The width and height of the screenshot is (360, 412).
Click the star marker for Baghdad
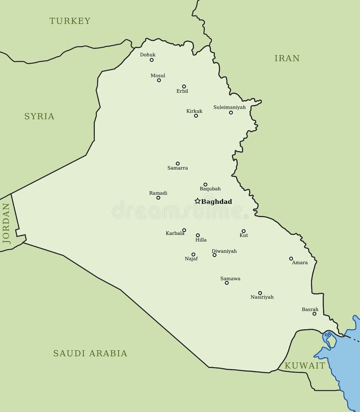click(x=197, y=201)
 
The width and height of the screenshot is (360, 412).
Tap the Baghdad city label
click(x=217, y=201)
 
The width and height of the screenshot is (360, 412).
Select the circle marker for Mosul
click(x=159, y=80)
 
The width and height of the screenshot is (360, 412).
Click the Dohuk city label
click(x=147, y=55)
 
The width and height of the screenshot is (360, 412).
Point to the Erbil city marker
click(x=184, y=86)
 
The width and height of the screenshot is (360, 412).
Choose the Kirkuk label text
click(x=194, y=111)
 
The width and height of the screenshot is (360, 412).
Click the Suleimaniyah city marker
click(x=231, y=113)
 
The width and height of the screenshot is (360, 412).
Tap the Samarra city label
click(x=177, y=168)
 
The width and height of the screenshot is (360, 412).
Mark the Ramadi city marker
click(x=158, y=198)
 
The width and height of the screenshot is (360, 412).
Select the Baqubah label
click(x=210, y=189)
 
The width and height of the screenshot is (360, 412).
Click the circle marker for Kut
click(x=244, y=231)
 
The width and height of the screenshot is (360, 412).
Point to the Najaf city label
click(x=191, y=259)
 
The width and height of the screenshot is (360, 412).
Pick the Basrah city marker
click(x=314, y=314)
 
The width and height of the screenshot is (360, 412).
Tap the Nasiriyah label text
click(x=262, y=297)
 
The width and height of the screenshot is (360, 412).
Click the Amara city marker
click(x=291, y=259)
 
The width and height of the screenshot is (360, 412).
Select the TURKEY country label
click(x=70, y=21)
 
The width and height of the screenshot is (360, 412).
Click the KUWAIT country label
click(x=305, y=366)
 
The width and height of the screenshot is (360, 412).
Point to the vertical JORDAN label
click(x=6, y=223)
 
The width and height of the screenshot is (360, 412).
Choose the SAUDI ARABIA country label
click(x=90, y=353)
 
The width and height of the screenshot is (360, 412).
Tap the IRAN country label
click(x=287, y=58)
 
